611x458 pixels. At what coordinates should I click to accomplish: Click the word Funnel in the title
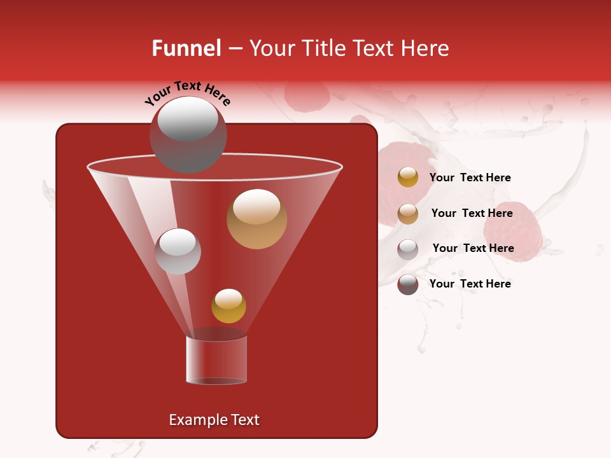pyautogui.click(x=186, y=48)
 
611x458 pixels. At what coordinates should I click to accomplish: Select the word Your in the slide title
pyautogui.click(x=273, y=48)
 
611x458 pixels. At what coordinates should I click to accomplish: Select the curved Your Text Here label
pyautogui.click(x=187, y=92)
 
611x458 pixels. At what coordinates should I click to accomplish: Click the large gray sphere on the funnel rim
pyautogui.click(x=188, y=134)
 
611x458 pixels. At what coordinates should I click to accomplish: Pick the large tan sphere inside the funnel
pyautogui.click(x=256, y=219)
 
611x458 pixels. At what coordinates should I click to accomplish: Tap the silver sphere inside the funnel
pyautogui.click(x=178, y=251)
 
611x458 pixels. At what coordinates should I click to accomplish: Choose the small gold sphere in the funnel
pyautogui.click(x=228, y=305)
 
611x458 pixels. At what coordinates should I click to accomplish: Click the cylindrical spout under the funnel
pyautogui.click(x=216, y=359)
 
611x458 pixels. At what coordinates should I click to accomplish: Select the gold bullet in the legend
pyautogui.click(x=408, y=177)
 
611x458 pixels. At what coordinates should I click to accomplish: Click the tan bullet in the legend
pyautogui.click(x=408, y=214)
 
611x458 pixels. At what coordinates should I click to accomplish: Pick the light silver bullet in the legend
pyautogui.click(x=408, y=249)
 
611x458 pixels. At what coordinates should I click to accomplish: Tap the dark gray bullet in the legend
pyautogui.click(x=408, y=284)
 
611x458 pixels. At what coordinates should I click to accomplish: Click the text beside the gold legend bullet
pyautogui.click(x=470, y=178)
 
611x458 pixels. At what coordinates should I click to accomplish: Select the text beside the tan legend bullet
pyautogui.click(x=472, y=214)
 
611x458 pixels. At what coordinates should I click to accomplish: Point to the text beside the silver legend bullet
pyautogui.click(x=473, y=248)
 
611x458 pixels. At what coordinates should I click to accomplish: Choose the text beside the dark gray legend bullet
pyautogui.click(x=470, y=284)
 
